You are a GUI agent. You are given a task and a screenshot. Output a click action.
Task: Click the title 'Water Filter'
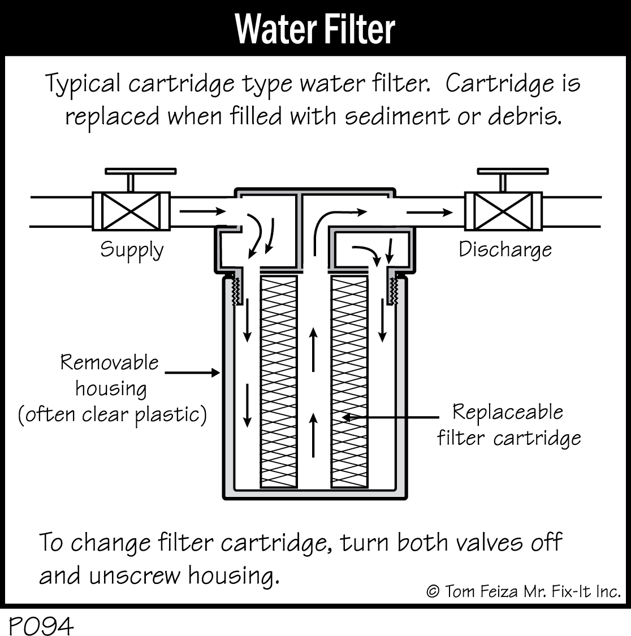[x=315, y=28]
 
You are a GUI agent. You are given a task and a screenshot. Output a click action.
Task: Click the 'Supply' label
[x=131, y=250]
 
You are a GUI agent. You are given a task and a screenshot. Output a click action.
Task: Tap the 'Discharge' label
[x=504, y=249]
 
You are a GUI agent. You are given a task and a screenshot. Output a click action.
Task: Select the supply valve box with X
[x=131, y=211]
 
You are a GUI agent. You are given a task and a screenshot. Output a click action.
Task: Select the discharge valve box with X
[x=503, y=211]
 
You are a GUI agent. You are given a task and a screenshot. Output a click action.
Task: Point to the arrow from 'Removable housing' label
[x=192, y=372]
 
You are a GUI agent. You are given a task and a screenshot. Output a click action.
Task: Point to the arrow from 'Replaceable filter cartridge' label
[x=390, y=417]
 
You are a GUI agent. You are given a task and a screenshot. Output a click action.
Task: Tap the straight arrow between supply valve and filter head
[x=201, y=211]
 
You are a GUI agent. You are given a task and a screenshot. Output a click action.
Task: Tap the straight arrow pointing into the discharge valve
[x=430, y=213]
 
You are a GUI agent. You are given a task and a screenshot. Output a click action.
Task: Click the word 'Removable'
[x=110, y=362]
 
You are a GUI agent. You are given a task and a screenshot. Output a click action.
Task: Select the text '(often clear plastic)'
[x=112, y=415]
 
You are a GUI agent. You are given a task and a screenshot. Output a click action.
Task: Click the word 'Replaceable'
[x=508, y=412]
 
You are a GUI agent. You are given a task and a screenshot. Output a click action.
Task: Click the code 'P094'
[x=41, y=625]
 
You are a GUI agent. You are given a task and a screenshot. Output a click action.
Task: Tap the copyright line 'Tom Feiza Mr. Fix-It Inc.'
[x=523, y=591]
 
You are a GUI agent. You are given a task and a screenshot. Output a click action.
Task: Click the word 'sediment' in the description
[x=393, y=116]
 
